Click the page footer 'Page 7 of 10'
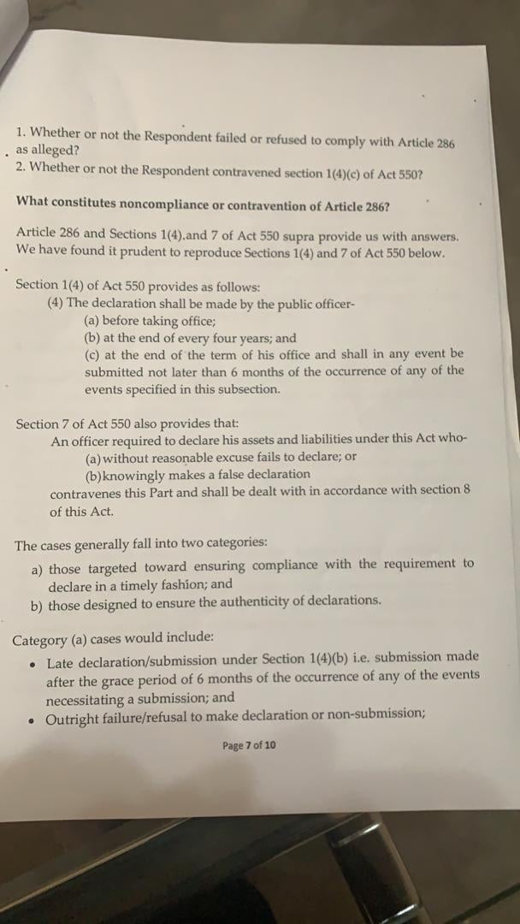click(249, 745)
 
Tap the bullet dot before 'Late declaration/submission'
click(32, 664)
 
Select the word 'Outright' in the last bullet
click(73, 720)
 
